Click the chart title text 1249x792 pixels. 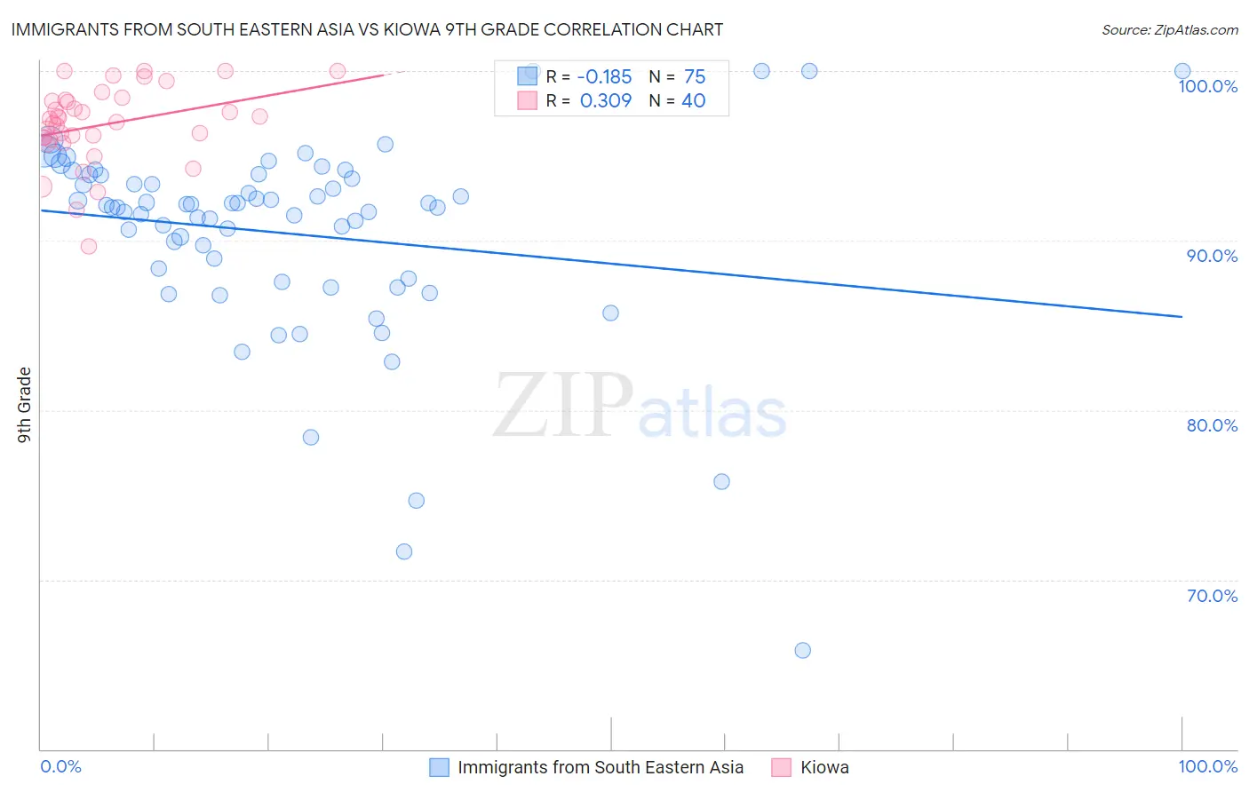367,29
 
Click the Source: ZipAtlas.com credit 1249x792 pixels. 1169,29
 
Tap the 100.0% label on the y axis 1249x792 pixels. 1207,86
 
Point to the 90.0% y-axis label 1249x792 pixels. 1211,256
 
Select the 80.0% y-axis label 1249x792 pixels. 1211,425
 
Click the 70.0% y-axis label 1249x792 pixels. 1211,596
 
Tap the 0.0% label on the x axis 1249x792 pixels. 60,766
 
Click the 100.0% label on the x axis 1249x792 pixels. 1207,766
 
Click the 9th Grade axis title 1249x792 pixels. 25,405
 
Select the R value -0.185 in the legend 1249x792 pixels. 605,77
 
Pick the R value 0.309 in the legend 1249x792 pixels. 605,101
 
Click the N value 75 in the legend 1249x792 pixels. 694,77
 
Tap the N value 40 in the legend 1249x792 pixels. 693,101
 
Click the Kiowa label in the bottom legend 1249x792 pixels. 824,767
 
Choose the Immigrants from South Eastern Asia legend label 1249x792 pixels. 601,767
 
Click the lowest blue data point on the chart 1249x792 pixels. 802,650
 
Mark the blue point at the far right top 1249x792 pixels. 1181,71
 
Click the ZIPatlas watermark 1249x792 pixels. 640,406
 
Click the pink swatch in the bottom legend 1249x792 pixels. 781,767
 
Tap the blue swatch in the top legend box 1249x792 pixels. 528,76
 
